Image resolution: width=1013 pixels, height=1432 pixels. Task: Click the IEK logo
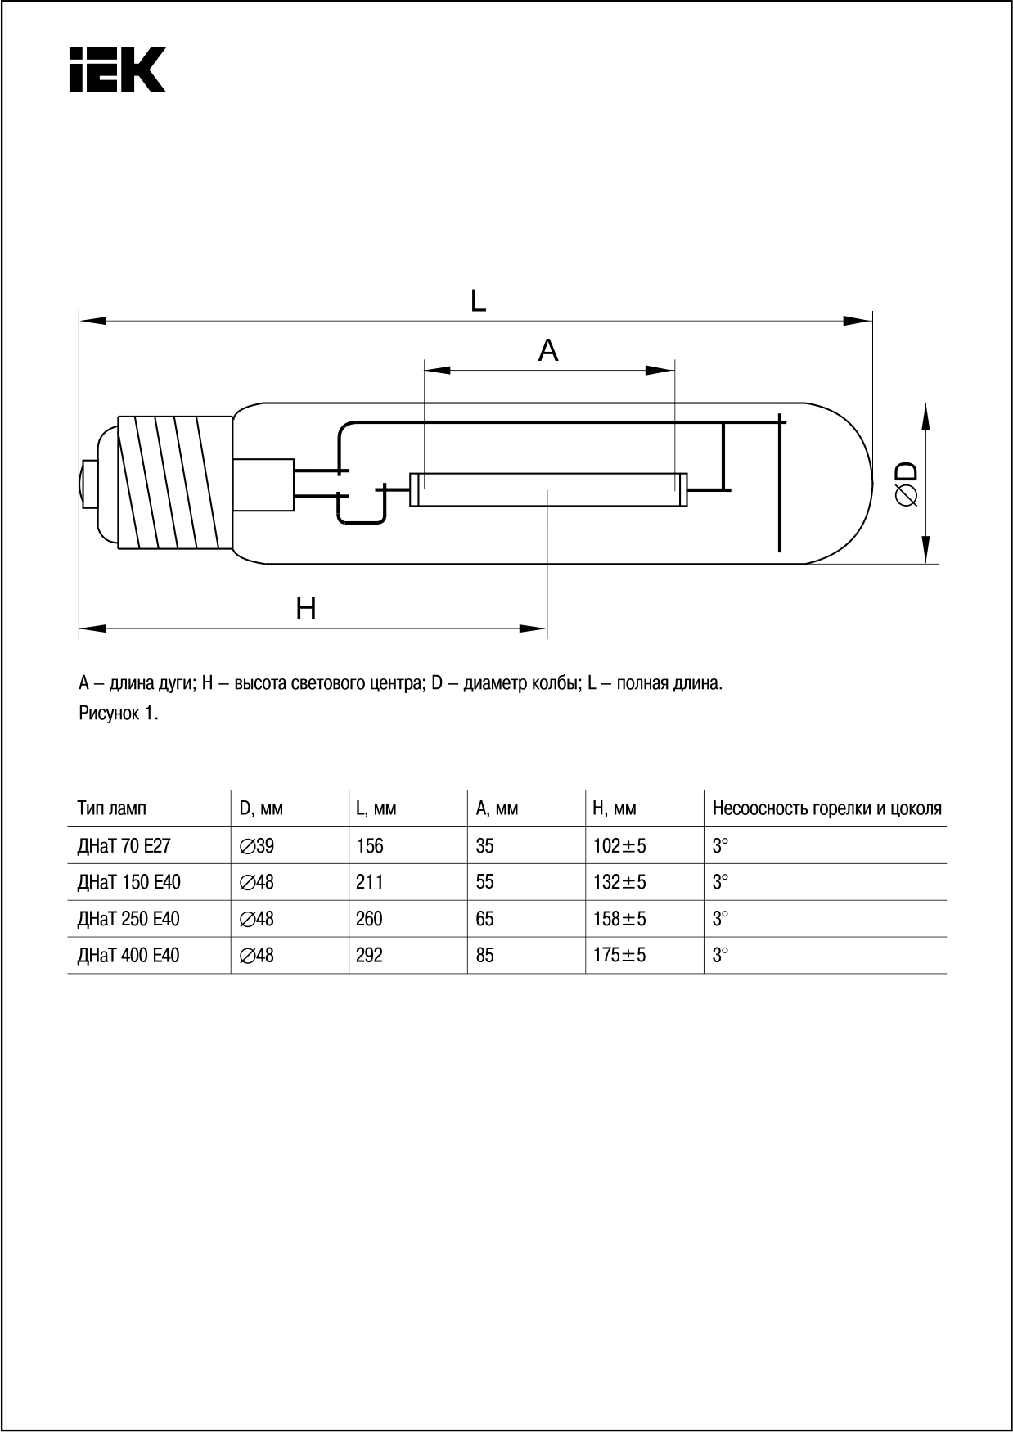pos(117,70)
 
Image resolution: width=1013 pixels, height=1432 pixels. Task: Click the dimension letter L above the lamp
pos(479,301)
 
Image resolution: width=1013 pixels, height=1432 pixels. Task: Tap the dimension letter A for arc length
pos(548,350)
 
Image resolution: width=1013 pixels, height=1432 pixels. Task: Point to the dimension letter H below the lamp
pos(306,609)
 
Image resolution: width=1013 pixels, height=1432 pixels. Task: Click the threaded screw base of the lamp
pos(173,482)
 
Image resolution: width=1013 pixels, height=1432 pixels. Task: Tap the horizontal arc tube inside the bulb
pos(548,489)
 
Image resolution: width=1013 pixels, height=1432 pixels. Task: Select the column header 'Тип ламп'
pos(112,808)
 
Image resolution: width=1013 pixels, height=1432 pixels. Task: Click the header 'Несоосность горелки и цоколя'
pos(826,808)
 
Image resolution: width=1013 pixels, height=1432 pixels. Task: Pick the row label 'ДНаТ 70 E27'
pos(124,845)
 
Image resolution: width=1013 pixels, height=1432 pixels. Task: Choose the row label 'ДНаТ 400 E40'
pos(128,955)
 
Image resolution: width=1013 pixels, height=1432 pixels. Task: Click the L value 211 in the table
pos(370,882)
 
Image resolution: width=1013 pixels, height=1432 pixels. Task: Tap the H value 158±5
pos(619,919)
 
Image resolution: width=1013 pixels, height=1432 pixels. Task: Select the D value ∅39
pos(257,845)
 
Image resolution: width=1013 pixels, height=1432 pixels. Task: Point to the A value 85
pos(484,955)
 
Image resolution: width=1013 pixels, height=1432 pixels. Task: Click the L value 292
pos(370,955)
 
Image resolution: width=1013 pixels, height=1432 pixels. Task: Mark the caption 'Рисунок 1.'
pos(119,713)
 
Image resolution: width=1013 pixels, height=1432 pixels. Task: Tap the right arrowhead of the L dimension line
pos(859,321)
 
